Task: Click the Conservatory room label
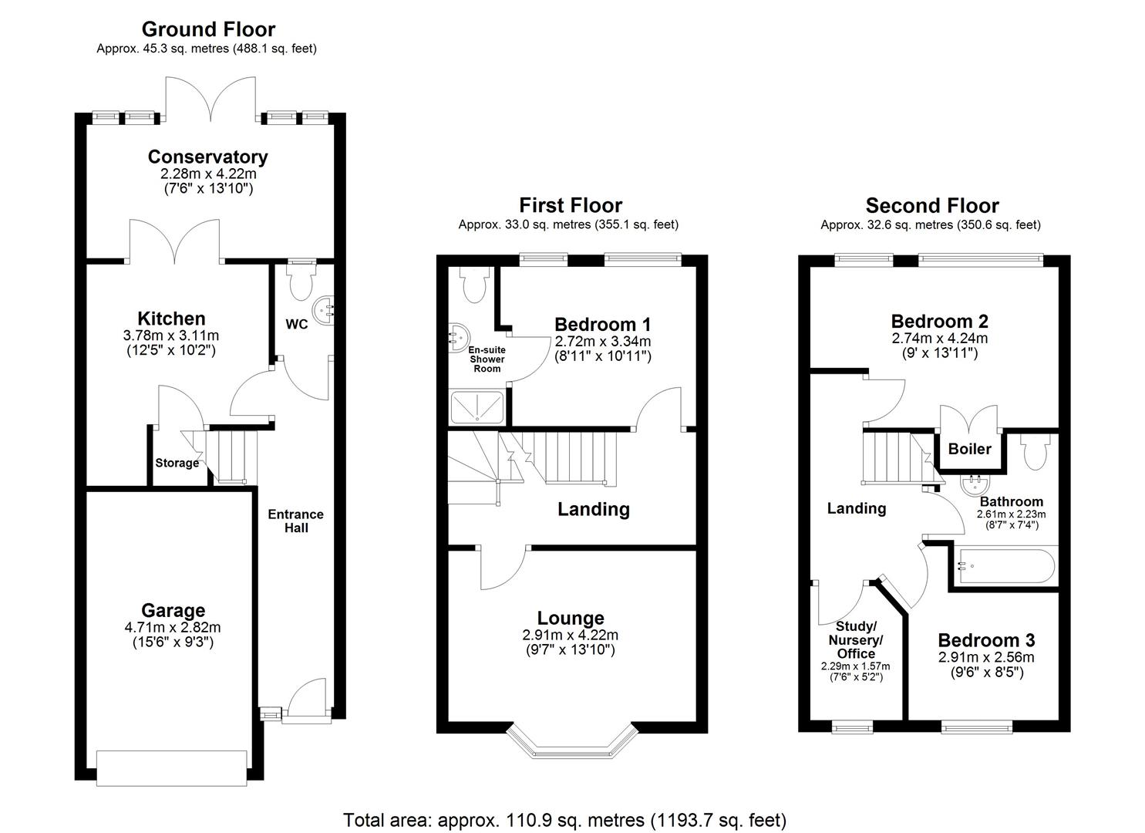pos(207,157)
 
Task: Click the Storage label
pos(177,463)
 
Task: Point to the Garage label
pos(173,611)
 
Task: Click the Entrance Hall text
pos(296,521)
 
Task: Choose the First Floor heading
pos(570,205)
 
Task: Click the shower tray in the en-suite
pos(477,407)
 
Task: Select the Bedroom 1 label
pos(602,324)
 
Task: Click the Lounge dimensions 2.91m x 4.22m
pos(570,636)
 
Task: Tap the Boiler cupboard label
pos(969,449)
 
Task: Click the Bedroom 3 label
pos(986,640)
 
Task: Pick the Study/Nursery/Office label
pos(855,639)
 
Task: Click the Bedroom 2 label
pos(939,321)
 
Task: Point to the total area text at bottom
pos(564,819)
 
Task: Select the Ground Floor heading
pos(208,29)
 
